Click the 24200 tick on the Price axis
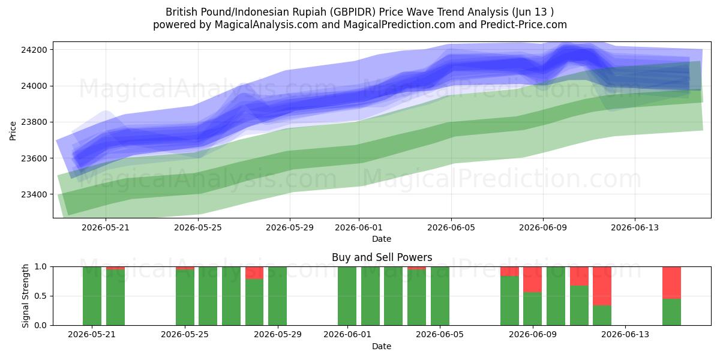pos(34,50)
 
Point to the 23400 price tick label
pos(34,194)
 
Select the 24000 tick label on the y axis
pos(34,86)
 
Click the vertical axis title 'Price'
pos(13,131)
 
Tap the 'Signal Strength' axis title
pos(25,296)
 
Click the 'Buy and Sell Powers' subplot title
pos(382,257)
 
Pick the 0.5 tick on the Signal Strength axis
pos(40,296)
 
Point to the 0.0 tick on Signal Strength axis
pos(40,325)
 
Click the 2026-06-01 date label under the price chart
pos(359,227)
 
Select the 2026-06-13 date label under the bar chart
pos(625,334)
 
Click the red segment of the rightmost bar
pos(671,283)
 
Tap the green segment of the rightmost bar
pos(671,312)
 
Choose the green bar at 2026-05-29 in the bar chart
pos(277,296)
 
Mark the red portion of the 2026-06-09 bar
pos(533,280)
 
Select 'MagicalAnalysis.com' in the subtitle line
pos(266,25)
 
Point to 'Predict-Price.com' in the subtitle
pos(524,25)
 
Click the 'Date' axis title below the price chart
pos(382,239)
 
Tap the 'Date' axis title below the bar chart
pos(382,346)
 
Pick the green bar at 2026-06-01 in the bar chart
pos(347,296)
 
